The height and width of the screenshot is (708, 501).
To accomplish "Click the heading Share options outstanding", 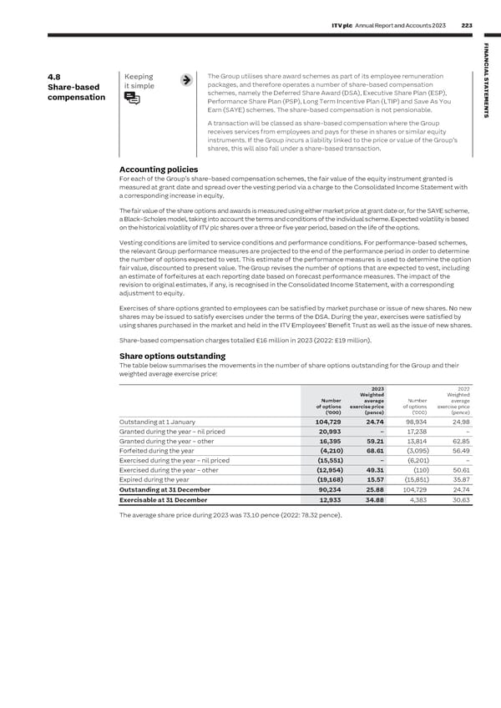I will coord(172,356).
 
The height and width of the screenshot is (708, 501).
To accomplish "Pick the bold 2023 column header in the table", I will coord(377,387).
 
